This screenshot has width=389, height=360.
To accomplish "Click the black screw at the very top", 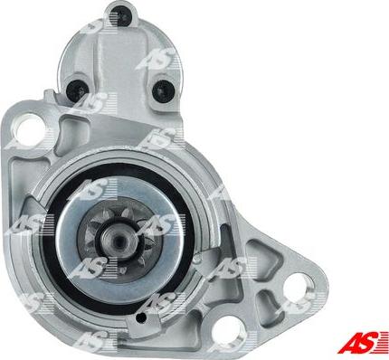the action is coord(121,14).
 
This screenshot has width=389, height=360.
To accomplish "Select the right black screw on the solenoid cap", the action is coord(164,90).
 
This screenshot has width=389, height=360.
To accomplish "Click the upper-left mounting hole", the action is coord(31,130).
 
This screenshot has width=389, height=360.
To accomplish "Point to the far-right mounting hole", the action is coord(299,287).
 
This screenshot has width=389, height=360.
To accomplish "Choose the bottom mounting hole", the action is coord(227,330).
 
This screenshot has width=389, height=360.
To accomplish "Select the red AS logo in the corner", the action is coord(363,342).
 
